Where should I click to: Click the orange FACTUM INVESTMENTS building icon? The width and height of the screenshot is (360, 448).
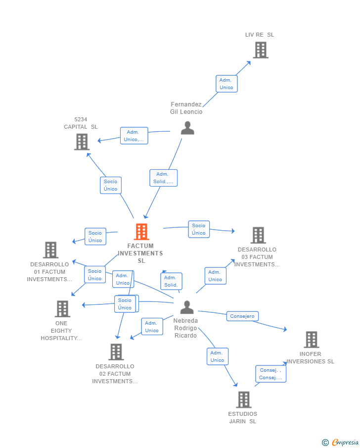click(141, 232)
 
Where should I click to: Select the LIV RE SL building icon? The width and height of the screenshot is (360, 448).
click(261, 50)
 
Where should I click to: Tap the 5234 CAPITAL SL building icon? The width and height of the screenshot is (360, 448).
click(82, 142)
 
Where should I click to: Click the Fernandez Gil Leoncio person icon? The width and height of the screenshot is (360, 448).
click(187, 128)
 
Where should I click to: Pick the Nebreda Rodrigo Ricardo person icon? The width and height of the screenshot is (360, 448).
click(187, 307)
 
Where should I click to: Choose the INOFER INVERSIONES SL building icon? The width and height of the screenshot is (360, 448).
click(311, 340)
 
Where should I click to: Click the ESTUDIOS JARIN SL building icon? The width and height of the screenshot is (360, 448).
click(243, 399)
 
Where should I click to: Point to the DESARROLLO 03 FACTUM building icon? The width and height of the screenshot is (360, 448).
click(258, 235)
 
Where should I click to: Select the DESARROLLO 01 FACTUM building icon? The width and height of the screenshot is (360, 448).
click(50, 250)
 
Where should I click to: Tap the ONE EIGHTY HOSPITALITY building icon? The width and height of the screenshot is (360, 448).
click(62, 309)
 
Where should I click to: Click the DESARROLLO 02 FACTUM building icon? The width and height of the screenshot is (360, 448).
click(116, 352)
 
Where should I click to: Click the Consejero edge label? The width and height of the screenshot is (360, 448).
click(242, 316)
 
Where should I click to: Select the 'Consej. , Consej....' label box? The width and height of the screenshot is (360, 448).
click(270, 374)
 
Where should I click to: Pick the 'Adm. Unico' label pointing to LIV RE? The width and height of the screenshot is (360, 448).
click(226, 84)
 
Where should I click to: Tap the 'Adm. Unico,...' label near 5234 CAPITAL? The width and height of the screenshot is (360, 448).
click(134, 136)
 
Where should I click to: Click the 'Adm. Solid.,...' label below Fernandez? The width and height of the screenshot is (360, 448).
click(163, 178)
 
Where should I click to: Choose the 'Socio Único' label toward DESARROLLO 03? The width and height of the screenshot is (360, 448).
click(199, 229)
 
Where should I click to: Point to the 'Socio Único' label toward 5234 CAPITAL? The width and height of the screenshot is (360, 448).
click(111, 185)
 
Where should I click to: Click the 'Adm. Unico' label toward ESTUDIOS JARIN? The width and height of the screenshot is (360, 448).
click(217, 356)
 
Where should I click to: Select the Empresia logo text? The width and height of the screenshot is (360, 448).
click(345, 442)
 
